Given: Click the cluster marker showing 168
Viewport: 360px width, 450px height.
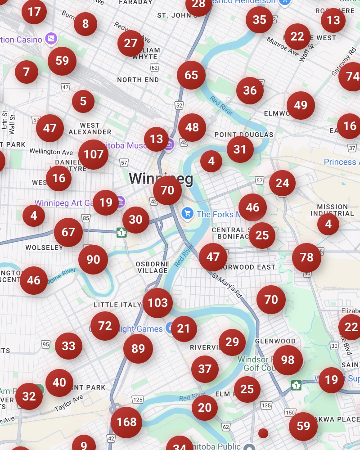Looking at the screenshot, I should coord(126,422).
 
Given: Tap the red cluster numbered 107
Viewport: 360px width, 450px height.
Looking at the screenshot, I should coord(94,154).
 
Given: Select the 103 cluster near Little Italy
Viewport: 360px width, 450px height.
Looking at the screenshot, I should coord(157,303).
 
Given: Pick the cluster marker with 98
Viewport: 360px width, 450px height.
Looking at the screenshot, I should coord(288,360).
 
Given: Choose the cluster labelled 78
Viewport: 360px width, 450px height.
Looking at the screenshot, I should coord(306,257).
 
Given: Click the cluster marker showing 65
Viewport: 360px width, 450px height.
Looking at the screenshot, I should coord(191,75).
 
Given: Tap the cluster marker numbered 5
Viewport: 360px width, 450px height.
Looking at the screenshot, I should coord(83,102).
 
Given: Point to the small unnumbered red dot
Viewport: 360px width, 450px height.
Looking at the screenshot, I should coord(263,433).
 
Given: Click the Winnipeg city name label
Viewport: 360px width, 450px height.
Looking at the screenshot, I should coord(161,179).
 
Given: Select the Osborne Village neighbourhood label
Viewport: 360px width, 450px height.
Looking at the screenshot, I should coord(153,267).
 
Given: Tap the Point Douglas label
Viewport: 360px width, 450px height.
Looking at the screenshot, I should coord(244,135).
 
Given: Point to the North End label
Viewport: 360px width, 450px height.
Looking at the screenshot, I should coord(138,80).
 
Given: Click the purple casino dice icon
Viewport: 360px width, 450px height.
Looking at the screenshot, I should coord(51,40).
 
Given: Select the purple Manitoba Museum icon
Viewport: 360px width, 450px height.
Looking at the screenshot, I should coord(169,146).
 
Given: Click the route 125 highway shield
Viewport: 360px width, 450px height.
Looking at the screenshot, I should coord(138,400).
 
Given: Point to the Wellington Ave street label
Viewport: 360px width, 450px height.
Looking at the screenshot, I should coord(51,152).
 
